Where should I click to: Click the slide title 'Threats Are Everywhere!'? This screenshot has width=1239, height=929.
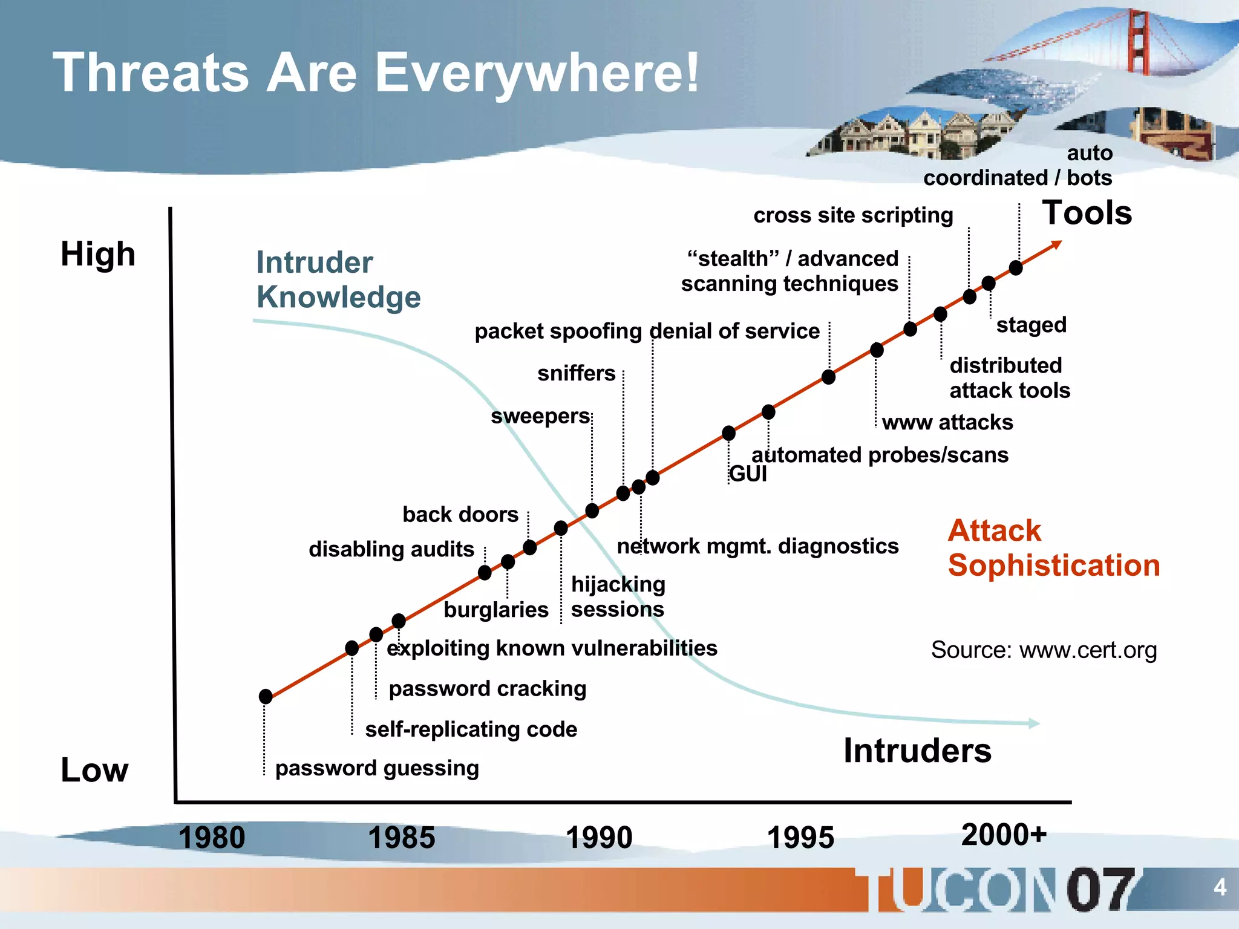click(x=375, y=73)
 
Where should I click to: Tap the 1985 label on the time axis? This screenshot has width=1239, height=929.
click(x=401, y=838)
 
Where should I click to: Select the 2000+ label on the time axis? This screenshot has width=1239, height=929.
click(x=1004, y=835)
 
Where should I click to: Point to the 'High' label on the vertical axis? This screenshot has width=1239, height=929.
click(x=98, y=254)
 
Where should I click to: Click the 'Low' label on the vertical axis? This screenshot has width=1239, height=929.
click(x=94, y=771)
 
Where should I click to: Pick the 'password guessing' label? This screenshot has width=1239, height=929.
click(x=377, y=768)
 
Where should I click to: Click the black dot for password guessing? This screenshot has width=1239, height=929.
click(x=265, y=697)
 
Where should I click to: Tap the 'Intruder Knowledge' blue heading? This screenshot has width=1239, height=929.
click(x=338, y=279)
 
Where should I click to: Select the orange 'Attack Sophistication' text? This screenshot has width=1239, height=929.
click(x=1053, y=548)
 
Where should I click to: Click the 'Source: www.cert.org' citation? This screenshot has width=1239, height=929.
click(x=1044, y=650)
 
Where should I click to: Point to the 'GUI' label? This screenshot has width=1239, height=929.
click(x=748, y=474)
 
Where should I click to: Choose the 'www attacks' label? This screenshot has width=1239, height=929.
click(x=947, y=422)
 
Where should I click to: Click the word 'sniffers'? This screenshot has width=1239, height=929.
click(x=576, y=373)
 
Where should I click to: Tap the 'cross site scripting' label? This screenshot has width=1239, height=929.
click(x=853, y=215)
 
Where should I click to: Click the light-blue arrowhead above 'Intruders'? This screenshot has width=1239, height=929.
click(x=1034, y=723)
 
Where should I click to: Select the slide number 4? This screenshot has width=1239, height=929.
click(x=1220, y=887)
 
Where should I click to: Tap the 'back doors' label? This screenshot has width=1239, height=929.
click(x=460, y=515)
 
